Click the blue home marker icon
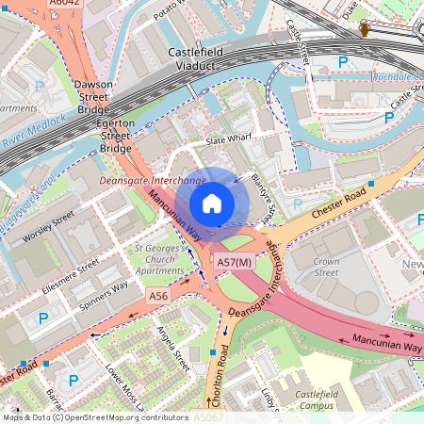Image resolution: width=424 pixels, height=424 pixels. pyautogui.click(x=212, y=203)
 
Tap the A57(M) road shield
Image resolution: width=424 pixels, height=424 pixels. pyautogui.click(x=234, y=262)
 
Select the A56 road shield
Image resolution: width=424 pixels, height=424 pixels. pyautogui.click(x=158, y=296)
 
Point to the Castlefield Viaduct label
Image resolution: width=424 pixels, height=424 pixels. pyautogui.click(x=204, y=59)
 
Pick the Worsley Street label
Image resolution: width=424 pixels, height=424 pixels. pyautogui.click(x=48, y=227)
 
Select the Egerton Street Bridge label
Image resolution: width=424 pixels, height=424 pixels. pyautogui.click(x=115, y=136)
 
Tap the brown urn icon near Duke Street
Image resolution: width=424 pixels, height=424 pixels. pyautogui.click(x=365, y=31)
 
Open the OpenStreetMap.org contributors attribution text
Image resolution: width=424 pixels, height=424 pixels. pyautogui.click(x=115, y=416)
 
